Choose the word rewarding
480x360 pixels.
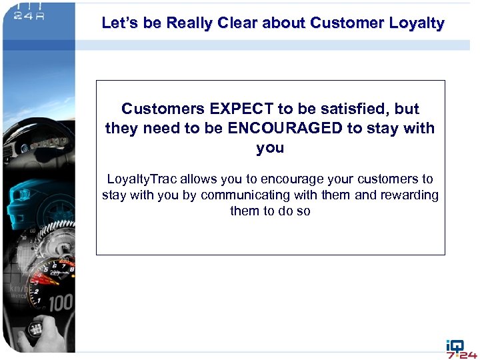click(x=408, y=195)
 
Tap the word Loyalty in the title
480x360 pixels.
click(x=419, y=23)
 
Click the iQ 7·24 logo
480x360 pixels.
click(x=461, y=349)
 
